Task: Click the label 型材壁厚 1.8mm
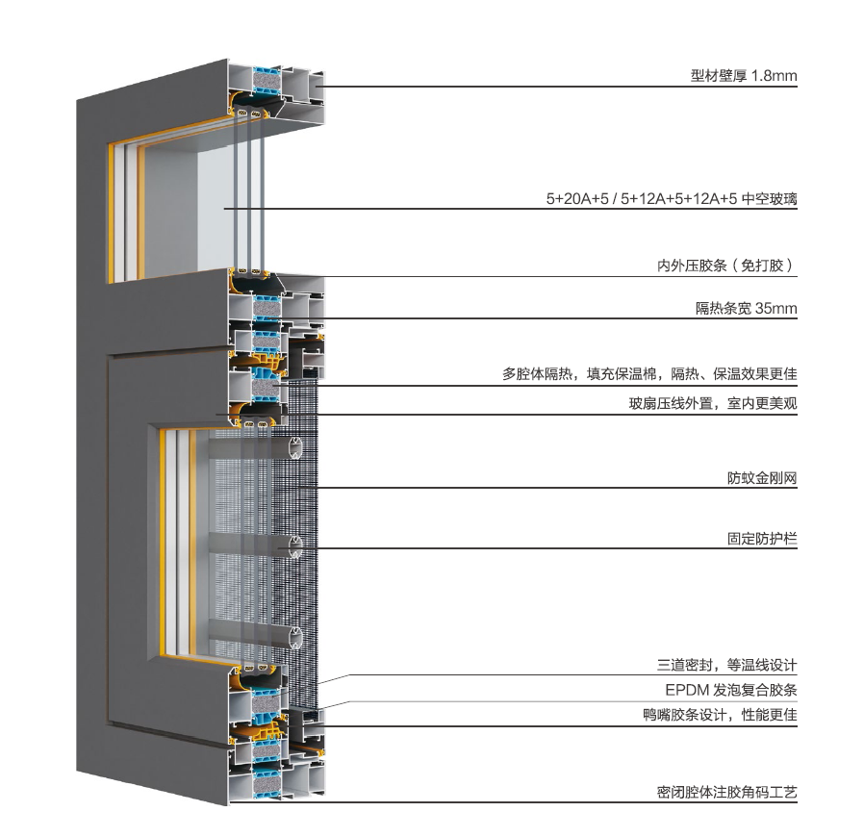[744, 75]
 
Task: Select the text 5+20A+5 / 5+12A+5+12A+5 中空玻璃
[672, 198]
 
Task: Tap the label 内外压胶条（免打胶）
[727, 266]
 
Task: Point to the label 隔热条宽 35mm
[746, 308]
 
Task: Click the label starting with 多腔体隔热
[649, 374]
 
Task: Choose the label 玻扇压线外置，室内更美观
[713, 403]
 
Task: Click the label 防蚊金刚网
[762, 478]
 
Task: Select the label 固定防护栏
[762, 539]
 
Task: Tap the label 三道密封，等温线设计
[726, 665]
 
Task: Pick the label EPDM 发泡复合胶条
[731, 690]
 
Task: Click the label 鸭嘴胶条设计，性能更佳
[721, 715]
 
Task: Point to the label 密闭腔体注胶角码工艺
[726, 793]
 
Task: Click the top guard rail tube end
[296, 448]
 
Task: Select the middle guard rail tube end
[296, 546]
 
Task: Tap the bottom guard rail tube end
[296, 638]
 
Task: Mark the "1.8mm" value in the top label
[775, 75]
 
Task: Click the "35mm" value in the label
[776, 308]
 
